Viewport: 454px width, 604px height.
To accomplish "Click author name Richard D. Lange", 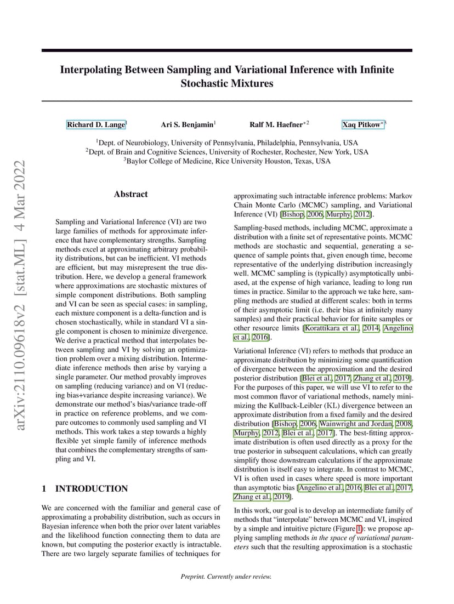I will [x=96, y=125].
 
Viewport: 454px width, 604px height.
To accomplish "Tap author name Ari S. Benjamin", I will [x=187, y=125].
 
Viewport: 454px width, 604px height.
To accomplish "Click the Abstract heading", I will [x=130, y=194].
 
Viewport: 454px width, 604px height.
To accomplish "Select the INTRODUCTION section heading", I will [x=92, y=488].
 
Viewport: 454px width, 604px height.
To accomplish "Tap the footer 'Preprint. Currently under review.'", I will [x=226, y=576].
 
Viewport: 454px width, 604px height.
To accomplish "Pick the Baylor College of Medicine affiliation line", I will [x=227, y=161].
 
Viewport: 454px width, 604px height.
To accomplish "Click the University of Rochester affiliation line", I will [x=227, y=151].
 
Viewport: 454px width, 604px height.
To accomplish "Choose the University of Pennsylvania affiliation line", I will [x=227, y=141].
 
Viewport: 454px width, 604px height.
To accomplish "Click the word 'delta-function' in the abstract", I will [x=159, y=310].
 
